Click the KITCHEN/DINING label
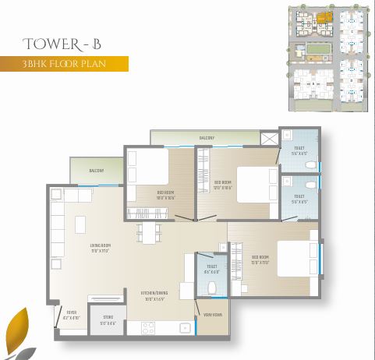pos(154,296)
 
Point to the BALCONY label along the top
pos(207,138)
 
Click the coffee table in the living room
pos(80,224)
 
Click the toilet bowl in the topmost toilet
pos(310,165)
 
